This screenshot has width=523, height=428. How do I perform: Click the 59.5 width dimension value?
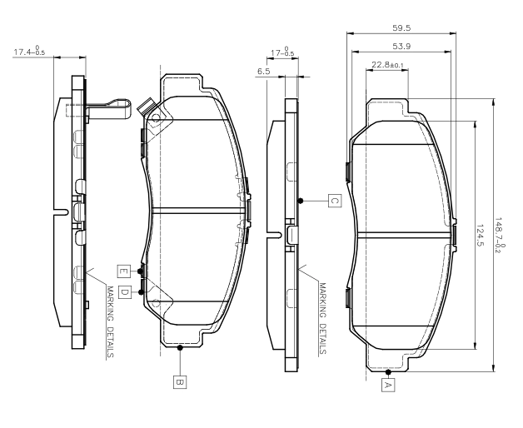[x=401, y=28]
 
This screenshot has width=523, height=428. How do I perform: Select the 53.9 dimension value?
[x=401, y=47]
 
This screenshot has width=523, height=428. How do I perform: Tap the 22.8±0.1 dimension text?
[x=387, y=65]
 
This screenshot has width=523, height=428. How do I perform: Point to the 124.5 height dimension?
[x=480, y=235]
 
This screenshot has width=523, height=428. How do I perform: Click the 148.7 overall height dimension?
[x=500, y=235]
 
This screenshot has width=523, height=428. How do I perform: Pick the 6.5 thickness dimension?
[x=264, y=72]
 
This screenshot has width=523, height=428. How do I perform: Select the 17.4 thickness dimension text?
[x=29, y=51]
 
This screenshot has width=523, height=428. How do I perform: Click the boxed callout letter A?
[x=388, y=385]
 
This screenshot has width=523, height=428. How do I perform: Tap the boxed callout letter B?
[x=180, y=382]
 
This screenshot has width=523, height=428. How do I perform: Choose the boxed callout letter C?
[x=335, y=201]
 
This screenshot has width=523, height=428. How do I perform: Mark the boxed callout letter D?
[x=124, y=292]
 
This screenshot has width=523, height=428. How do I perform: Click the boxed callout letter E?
[x=123, y=271]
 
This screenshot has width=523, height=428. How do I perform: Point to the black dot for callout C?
[x=301, y=201]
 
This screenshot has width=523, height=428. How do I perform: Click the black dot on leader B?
[x=180, y=347]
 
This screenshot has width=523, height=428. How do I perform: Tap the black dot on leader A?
[x=388, y=372]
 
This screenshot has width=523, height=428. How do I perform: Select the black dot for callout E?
[x=141, y=271]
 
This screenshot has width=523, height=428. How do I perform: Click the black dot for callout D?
[x=141, y=292]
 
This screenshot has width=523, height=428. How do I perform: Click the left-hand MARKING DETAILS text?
[x=111, y=322]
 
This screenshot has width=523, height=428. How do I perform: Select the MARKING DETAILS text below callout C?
[x=322, y=319]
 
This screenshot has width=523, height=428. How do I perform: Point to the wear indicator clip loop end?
[x=129, y=109]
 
